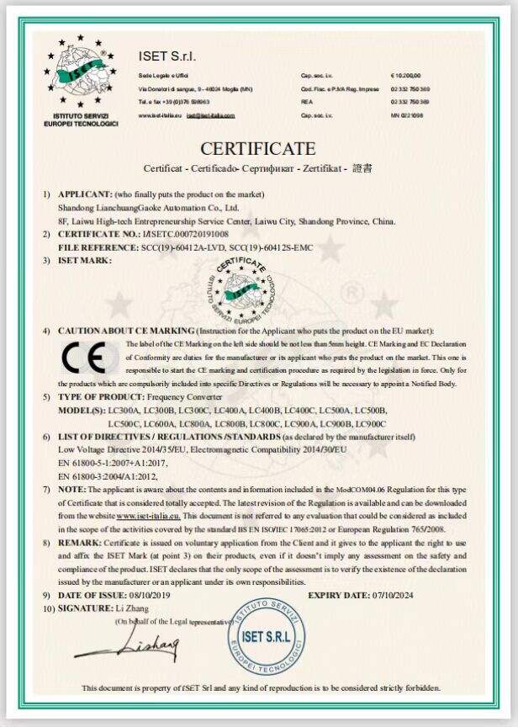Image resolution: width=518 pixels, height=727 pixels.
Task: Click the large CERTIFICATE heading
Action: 258,149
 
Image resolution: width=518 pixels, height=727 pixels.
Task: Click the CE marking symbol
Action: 83,359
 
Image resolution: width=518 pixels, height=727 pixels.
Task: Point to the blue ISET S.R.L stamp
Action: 264,635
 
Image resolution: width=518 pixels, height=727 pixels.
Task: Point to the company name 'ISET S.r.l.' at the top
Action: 166,56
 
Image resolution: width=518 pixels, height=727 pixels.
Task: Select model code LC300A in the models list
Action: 123,410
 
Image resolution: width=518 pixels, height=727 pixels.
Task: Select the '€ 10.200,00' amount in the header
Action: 405,76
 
